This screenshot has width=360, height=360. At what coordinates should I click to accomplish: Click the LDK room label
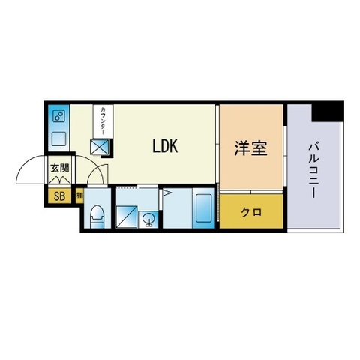point(165,146)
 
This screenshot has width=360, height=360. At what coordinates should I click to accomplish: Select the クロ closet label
point(251,211)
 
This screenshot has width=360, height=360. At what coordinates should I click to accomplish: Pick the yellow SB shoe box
point(58,196)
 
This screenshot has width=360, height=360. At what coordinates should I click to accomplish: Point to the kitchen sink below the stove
point(58,139)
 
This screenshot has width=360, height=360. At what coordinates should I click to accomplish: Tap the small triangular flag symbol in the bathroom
point(167,196)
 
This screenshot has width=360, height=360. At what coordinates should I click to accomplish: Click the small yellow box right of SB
point(79,196)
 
